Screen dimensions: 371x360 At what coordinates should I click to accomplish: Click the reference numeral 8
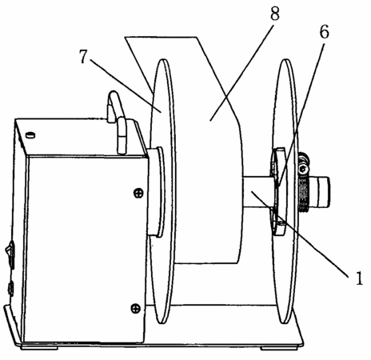275,14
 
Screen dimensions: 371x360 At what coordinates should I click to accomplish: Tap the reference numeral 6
324,32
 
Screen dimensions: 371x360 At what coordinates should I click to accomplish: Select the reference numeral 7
83,57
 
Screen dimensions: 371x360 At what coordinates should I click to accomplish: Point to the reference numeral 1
359,278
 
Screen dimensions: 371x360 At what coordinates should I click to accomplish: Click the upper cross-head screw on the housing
138,193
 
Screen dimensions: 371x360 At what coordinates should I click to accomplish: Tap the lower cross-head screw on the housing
136,309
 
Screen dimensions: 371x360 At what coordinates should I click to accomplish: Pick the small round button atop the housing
30,135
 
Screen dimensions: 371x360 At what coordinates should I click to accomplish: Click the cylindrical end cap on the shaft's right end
321,192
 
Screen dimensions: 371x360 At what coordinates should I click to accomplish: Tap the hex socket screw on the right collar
303,169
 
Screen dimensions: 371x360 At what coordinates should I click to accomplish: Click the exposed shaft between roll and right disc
258,192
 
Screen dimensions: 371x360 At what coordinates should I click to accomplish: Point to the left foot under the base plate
39,347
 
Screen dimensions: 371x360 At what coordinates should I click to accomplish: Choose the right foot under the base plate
278,347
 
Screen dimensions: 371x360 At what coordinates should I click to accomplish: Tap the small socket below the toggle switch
10,289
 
